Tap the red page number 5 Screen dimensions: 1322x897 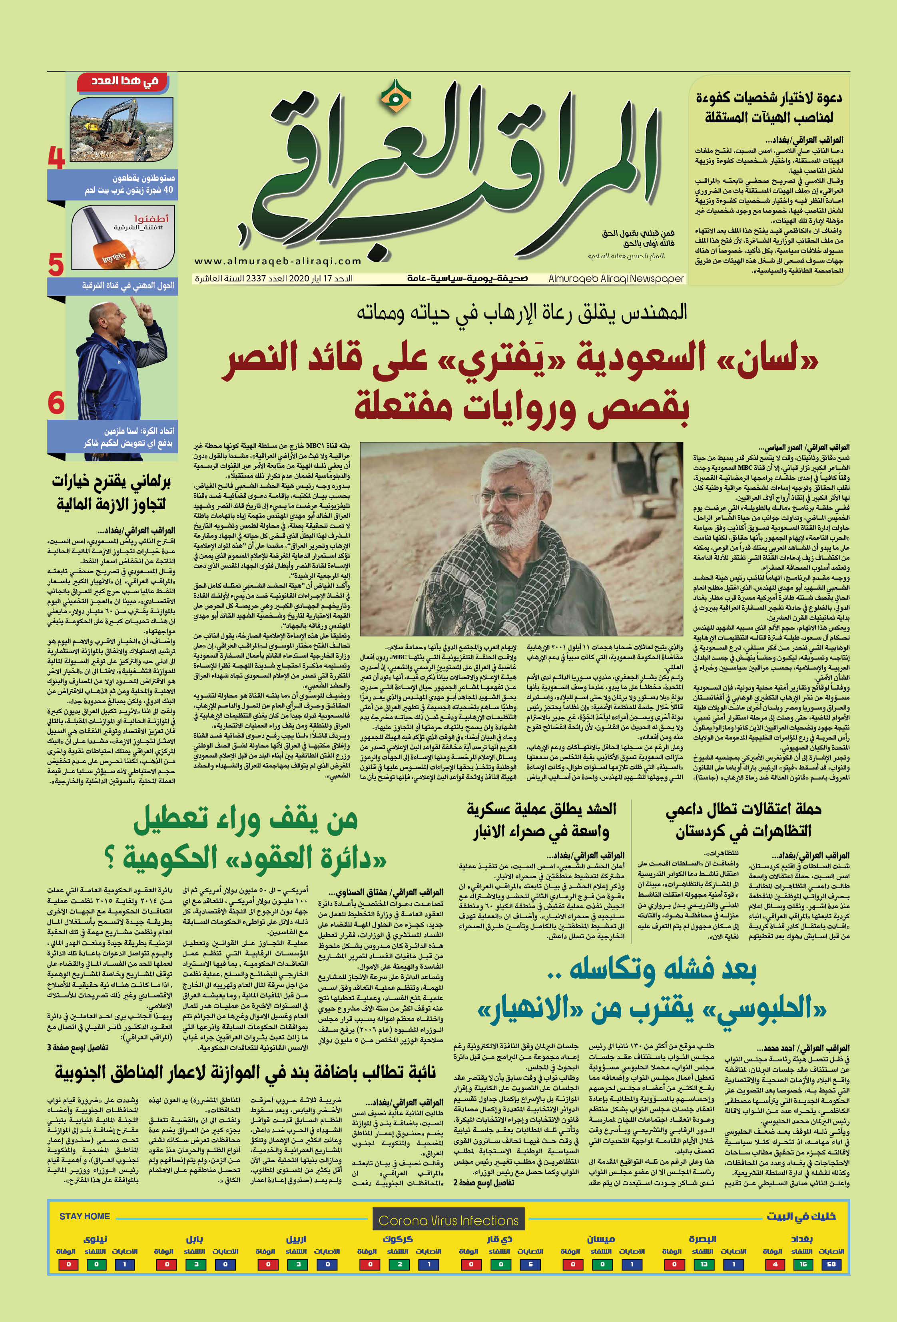(x=56, y=265)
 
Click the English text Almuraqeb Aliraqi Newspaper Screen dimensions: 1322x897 (x=616, y=279)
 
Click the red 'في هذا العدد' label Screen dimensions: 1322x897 (x=125, y=81)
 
